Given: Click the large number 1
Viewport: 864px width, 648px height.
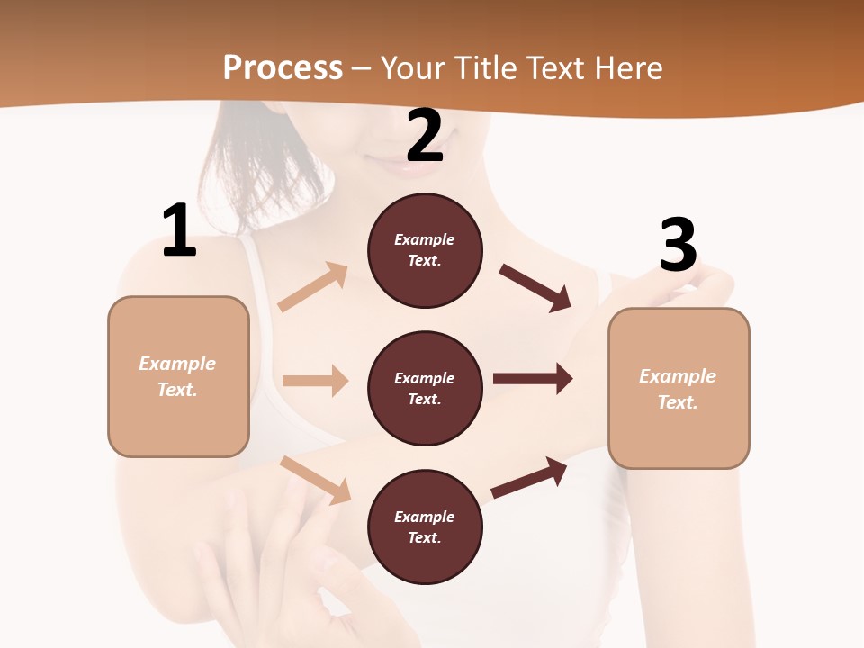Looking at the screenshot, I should tap(179, 231).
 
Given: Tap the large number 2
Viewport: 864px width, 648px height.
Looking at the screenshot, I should tap(425, 136).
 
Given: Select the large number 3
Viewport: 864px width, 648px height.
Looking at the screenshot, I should tap(678, 246).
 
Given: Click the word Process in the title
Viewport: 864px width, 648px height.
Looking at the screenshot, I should tap(283, 67).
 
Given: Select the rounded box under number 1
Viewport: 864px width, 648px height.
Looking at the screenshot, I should tap(178, 376).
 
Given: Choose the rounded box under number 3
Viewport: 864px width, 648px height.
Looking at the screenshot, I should tap(679, 389).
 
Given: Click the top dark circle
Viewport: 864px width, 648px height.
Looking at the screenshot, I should tap(425, 250).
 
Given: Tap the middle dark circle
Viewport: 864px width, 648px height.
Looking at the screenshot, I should tap(425, 389).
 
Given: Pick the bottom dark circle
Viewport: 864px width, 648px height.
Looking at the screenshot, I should tap(425, 527).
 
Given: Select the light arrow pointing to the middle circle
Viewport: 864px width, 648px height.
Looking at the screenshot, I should tap(315, 381).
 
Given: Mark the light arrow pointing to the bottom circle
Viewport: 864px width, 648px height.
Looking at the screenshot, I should tap(316, 480).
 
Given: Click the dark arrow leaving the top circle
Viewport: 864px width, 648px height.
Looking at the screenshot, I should tap(535, 288).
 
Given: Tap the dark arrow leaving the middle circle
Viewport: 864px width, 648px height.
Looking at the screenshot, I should tap(533, 379).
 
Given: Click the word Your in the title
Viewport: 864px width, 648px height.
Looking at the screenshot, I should tap(414, 67).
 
